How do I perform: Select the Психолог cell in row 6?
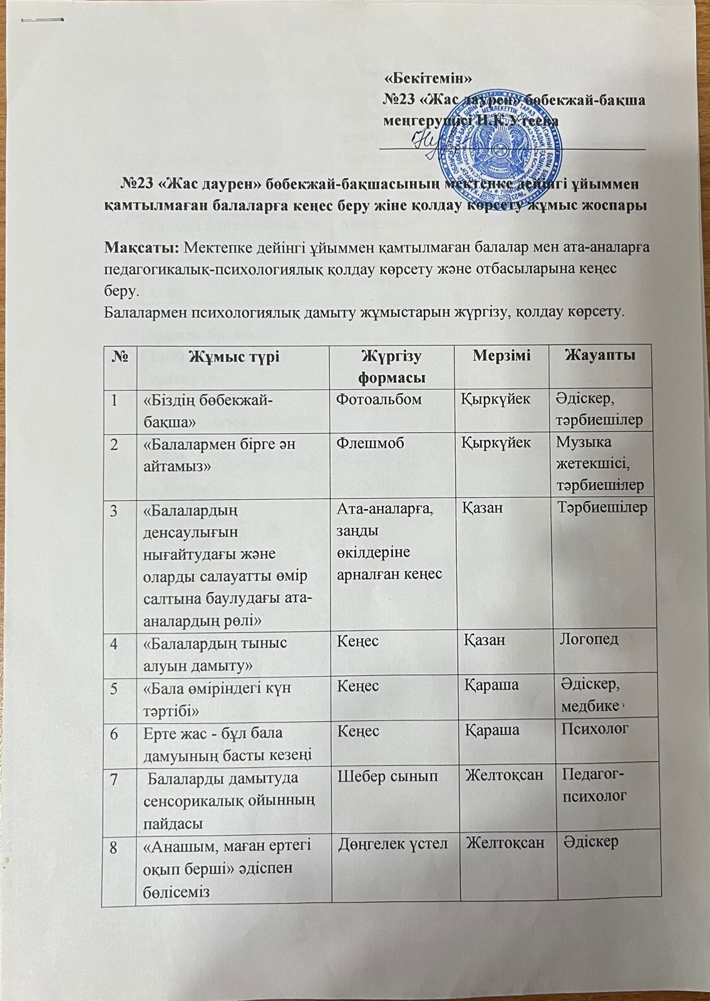coord(595,728)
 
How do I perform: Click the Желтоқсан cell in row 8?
coord(504,842)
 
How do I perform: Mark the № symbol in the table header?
coord(120,357)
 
